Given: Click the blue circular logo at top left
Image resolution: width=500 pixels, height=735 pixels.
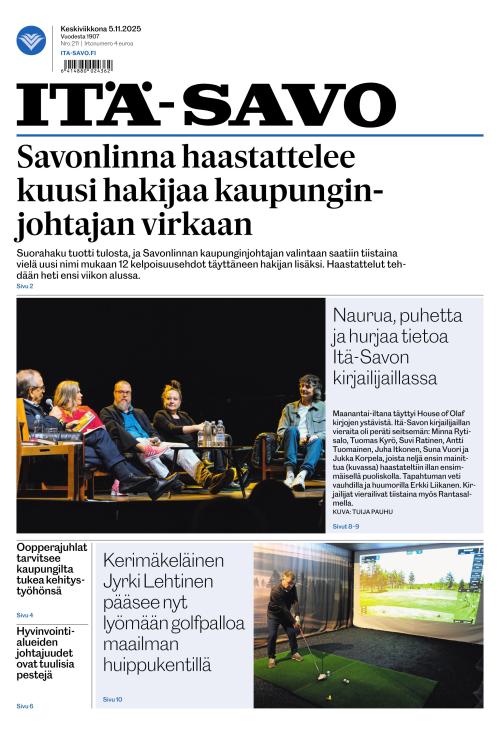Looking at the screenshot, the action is point(31,41).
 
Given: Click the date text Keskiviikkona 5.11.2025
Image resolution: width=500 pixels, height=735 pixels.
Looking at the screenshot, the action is point(100,29).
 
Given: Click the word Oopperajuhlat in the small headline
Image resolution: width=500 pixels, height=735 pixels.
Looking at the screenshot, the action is point(53,548).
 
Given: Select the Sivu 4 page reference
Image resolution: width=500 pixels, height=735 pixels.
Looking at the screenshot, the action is point(25,614).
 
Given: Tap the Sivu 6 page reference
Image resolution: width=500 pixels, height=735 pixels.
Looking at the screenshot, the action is point(25,706).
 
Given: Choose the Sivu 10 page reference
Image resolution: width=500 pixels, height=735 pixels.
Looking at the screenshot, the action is point(113,699).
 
